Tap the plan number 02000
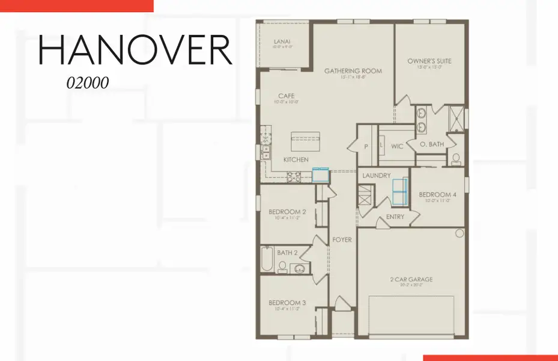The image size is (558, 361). [88, 83]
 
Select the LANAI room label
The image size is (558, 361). [282, 42]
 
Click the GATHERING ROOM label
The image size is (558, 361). [353, 71]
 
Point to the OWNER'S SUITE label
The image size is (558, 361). [429, 61]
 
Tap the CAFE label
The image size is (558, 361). [286, 96]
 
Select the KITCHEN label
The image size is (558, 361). [296, 159]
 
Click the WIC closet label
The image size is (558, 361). [397, 146]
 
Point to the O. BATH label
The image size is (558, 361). [431, 144]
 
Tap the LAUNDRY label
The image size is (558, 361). [377, 175]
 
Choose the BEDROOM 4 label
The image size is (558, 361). [437, 194]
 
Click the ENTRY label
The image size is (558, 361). [395, 217]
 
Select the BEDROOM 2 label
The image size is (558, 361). [287, 212]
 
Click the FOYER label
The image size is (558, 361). [342, 239]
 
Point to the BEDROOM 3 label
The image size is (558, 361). [287, 302]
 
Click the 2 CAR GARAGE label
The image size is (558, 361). [411, 279]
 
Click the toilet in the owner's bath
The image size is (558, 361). [456, 158]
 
